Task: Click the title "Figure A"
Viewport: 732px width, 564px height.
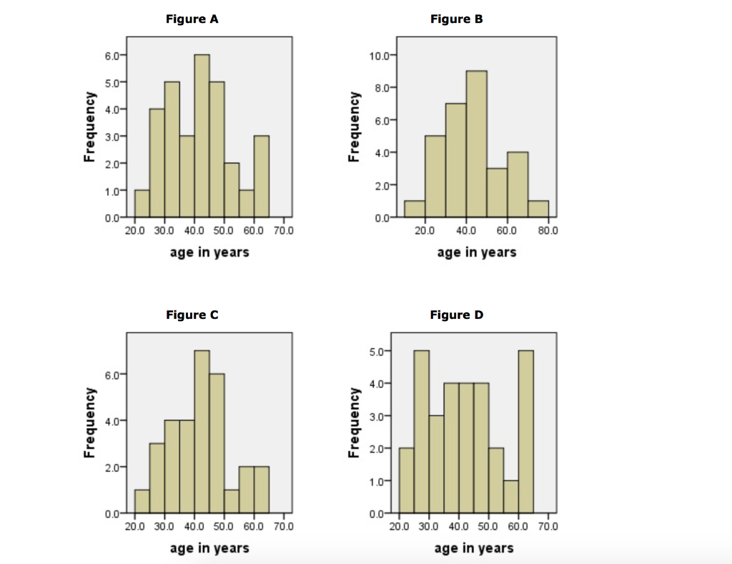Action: pos(192,19)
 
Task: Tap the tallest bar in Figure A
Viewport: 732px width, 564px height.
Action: pos(202,136)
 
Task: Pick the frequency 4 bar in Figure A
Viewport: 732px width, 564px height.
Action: pos(157,162)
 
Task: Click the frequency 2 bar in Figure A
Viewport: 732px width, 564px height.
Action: pos(232,189)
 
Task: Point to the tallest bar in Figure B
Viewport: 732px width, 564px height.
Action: pos(476,143)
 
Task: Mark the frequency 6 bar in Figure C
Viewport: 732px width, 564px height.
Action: pos(217,443)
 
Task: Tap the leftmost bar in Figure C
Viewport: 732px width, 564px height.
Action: pos(142,501)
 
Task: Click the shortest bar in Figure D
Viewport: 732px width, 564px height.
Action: pos(510,497)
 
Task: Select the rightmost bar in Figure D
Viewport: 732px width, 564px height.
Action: pos(525,432)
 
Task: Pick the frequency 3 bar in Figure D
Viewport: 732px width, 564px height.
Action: pos(436,465)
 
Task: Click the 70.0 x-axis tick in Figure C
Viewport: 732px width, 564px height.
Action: pos(284,527)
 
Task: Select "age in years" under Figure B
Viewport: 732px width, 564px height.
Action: pos(476,252)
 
